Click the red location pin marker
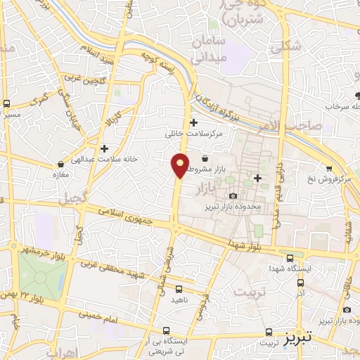180,165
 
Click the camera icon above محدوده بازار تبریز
233,195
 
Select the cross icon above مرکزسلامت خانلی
193,122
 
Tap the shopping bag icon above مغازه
60,164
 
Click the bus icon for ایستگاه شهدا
291,257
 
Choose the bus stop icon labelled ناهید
179,288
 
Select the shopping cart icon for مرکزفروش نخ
328,168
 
